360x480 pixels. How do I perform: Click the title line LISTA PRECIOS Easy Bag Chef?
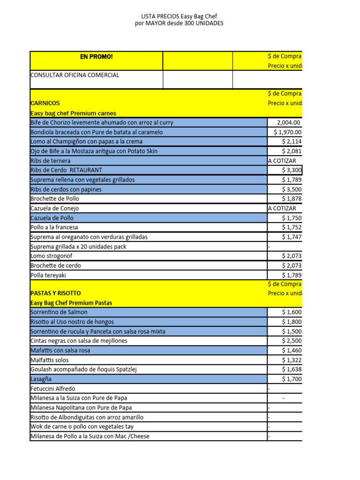click(180, 16)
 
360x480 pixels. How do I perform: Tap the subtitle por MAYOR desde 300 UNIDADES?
click(180, 23)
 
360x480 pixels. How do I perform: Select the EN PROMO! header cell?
click(96, 57)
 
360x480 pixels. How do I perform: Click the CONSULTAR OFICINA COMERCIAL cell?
click(75, 75)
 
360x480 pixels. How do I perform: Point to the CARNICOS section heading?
click(45, 103)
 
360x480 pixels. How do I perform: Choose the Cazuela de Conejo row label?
click(54, 209)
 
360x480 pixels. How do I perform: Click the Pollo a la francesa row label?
click(54, 227)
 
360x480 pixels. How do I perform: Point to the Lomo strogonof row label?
click(52, 256)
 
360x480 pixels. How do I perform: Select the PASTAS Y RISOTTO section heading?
click(55, 293)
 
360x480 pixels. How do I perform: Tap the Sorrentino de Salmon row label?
click(59, 312)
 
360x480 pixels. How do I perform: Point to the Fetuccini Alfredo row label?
click(52, 389)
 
